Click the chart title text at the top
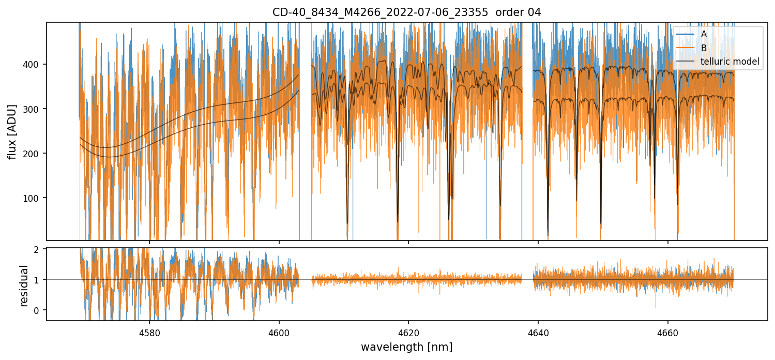(x=406, y=12)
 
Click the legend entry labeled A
(x=704, y=35)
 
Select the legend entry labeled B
(x=704, y=48)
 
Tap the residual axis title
(x=24, y=286)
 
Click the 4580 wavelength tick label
(x=149, y=331)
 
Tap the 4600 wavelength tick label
(x=279, y=331)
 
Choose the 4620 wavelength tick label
(x=408, y=331)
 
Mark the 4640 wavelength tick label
(x=538, y=331)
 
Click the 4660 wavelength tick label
(x=667, y=331)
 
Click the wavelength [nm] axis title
(x=406, y=347)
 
